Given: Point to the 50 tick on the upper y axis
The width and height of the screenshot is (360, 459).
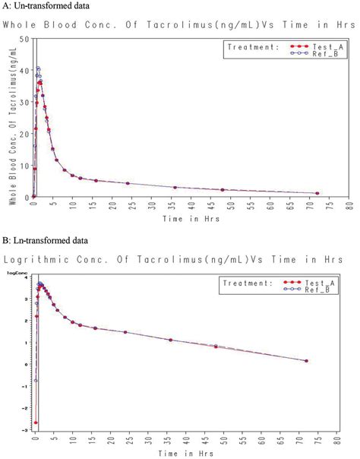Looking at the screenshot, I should (25, 39).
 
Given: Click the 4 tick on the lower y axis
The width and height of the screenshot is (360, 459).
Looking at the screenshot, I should (25, 278).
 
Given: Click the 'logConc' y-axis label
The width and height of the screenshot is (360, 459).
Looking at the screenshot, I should (17, 271).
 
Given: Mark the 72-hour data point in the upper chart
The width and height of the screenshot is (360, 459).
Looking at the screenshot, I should (317, 193).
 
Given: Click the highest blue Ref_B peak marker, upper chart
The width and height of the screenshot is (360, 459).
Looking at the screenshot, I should (38, 69).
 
